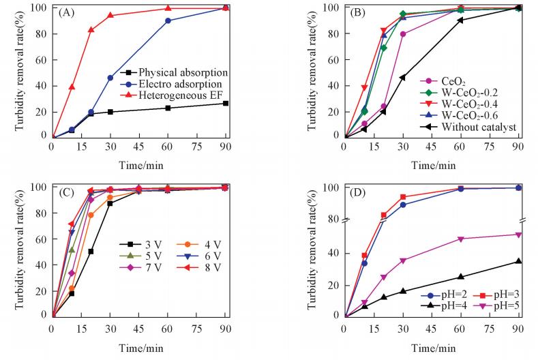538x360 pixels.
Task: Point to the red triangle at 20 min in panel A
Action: click(91, 29)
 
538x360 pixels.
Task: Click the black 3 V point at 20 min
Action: click(91, 251)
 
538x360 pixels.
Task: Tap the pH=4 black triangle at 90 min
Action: click(518, 261)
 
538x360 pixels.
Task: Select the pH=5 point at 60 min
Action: click(461, 239)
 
